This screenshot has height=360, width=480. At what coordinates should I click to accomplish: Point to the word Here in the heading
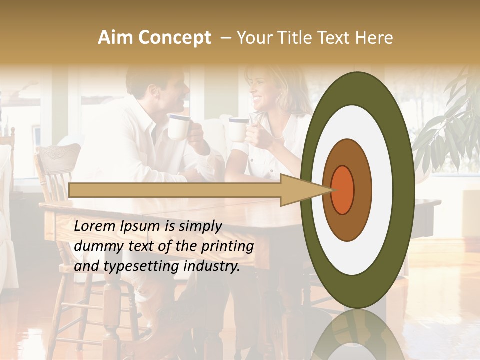coord(373,38)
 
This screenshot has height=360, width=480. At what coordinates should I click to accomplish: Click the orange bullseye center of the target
coord(343,190)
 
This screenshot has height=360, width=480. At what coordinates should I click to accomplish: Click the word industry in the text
coord(212,267)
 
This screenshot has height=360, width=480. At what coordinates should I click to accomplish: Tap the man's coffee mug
coord(179,127)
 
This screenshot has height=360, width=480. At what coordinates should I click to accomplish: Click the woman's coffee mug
coord(238,129)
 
